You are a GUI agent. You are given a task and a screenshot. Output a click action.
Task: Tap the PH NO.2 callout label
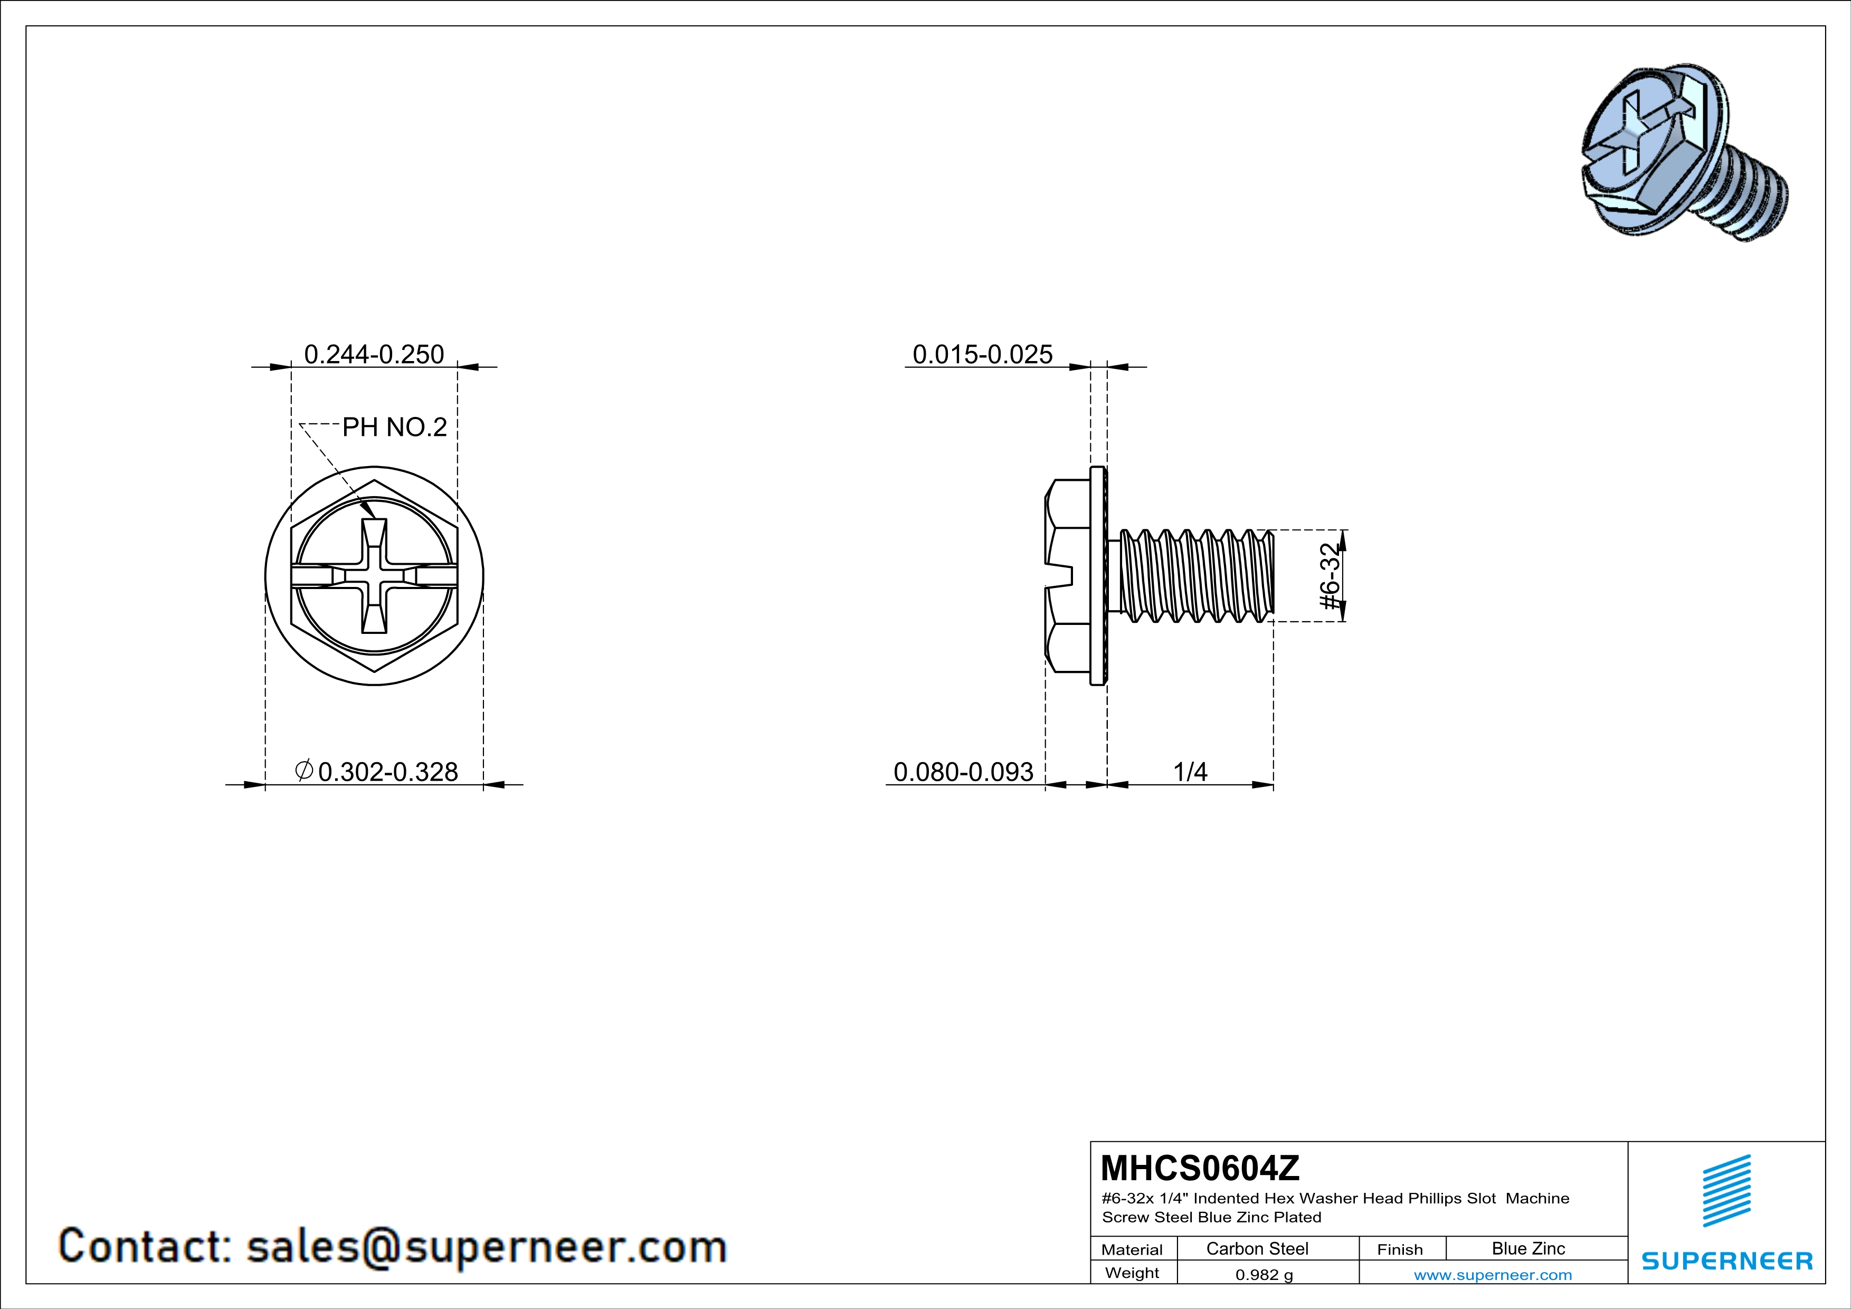point(394,427)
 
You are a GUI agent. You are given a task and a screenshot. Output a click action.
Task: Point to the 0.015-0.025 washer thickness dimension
point(982,355)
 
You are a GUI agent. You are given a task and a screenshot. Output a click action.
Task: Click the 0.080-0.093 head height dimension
point(963,772)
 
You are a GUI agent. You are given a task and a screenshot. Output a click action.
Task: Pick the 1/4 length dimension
point(1190,772)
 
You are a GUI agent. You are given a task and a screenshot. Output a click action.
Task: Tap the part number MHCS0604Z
point(1200,1168)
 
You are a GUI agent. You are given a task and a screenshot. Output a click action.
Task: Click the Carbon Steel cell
point(1257,1248)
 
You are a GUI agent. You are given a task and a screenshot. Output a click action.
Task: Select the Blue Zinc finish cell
point(1527,1248)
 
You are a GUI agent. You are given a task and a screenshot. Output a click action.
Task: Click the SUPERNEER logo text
point(1727,1260)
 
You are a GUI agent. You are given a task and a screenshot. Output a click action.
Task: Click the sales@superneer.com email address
point(486,1246)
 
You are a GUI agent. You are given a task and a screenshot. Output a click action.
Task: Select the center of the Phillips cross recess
point(374,575)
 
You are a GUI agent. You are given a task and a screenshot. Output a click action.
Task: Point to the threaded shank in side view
point(1197,575)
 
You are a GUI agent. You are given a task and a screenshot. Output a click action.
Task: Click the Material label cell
point(1132,1249)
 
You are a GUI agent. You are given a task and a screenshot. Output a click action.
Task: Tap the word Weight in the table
point(1132,1273)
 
